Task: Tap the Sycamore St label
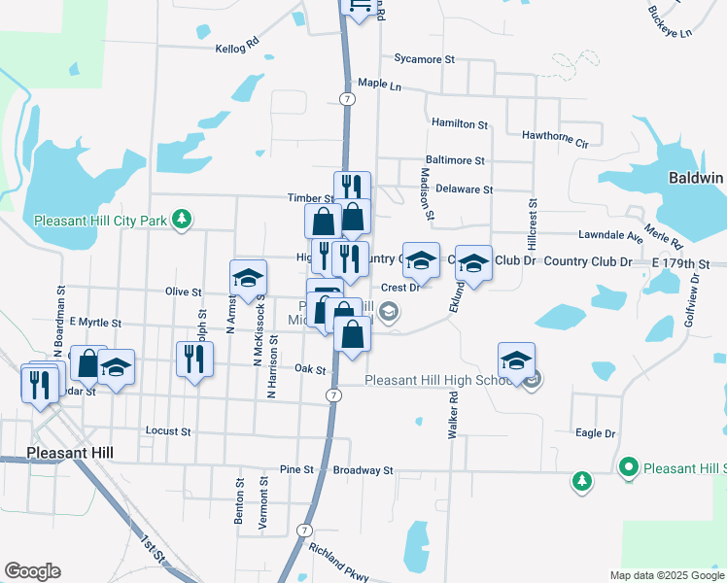[x=425, y=59]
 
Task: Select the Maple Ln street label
[x=379, y=85]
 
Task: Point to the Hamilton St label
[x=459, y=124]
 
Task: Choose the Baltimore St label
[x=455, y=159]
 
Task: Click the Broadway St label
[x=363, y=470]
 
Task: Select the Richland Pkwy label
[x=339, y=563]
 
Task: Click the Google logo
[x=32, y=571]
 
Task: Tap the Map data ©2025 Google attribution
[x=666, y=575]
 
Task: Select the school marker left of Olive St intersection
[x=248, y=278]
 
